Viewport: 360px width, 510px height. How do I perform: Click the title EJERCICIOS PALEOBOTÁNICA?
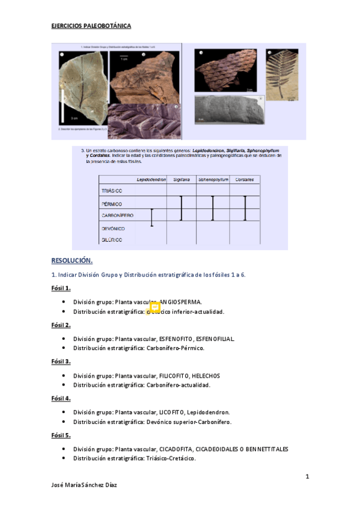click(x=91, y=26)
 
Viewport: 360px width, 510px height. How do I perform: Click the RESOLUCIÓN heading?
click(x=72, y=260)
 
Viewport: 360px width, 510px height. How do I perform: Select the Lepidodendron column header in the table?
click(x=151, y=179)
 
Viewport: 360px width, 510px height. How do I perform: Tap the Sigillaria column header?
click(x=182, y=179)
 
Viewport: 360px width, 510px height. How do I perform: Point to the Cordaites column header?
click(x=245, y=179)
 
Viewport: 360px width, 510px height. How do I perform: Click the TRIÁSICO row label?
click(x=111, y=191)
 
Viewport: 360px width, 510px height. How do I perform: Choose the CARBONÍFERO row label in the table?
click(x=117, y=215)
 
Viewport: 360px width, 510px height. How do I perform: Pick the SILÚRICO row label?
click(x=111, y=239)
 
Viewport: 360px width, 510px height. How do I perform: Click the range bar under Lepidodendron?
click(x=152, y=217)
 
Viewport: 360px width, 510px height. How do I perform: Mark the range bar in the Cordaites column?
click(x=245, y=208)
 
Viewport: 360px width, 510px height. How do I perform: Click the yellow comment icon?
click(x=154, y=306)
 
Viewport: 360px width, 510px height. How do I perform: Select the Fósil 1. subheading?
click(x=61, y=288)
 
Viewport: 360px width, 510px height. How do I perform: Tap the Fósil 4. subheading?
click(x=61, y=398)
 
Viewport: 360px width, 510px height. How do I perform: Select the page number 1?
click(x=307, y=477)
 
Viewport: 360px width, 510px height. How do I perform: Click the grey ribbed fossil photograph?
click(x=229, y=109)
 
